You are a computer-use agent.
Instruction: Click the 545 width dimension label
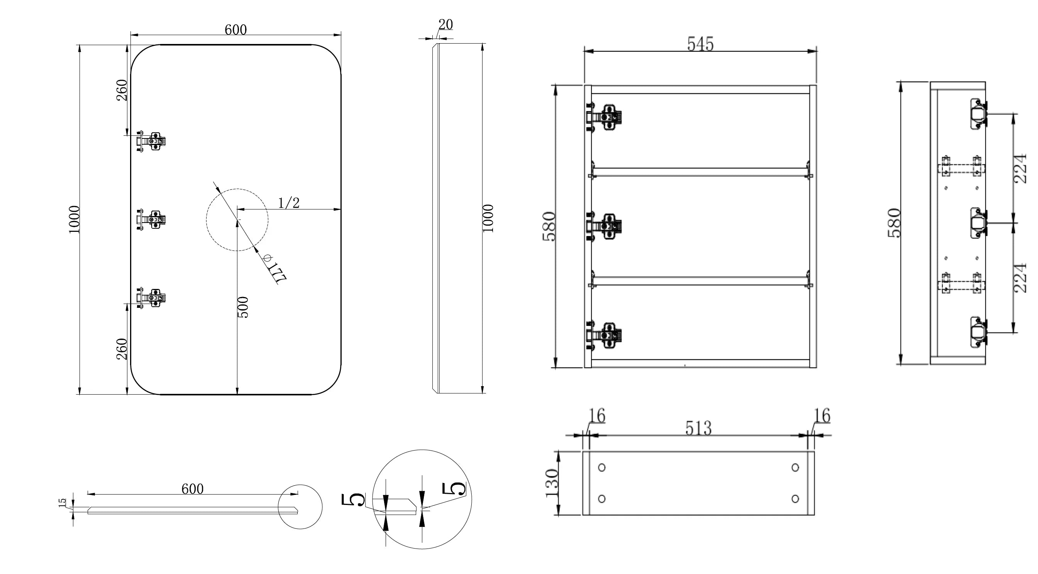pyautogui.click(x=700, y=44)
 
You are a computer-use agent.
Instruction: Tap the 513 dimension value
pyautogui.click(x=698, y=428)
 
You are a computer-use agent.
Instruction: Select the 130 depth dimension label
pyautogui.click(x=552, y=483)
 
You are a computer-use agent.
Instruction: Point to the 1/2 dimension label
pyautogui.click(x=289, y=203)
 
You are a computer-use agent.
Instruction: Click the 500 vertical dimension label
pyautogui.click(x=243, y=307)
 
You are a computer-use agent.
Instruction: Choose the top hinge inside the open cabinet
pyautogui.click(x=604, y=117)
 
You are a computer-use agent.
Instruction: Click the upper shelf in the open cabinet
pyautogui.click(x=700, y=172)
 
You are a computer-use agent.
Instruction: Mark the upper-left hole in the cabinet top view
pyautogui.click(x=601, y=468)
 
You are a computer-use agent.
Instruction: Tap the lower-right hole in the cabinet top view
pyautogui.click(x=795, y=499)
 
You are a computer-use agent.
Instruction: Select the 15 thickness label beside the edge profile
pyautogui.click(x=63, y=503)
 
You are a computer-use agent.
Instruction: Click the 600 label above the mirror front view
pyautogui.click(x=235, y=30)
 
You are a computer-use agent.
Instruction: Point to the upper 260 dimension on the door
pyautogui.click(x=122, y=90)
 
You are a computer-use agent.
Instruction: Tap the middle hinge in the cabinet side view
pyautogui.click(x=977, y=224)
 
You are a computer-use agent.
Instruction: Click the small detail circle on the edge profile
pyautogui.click(x=300, y=507)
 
